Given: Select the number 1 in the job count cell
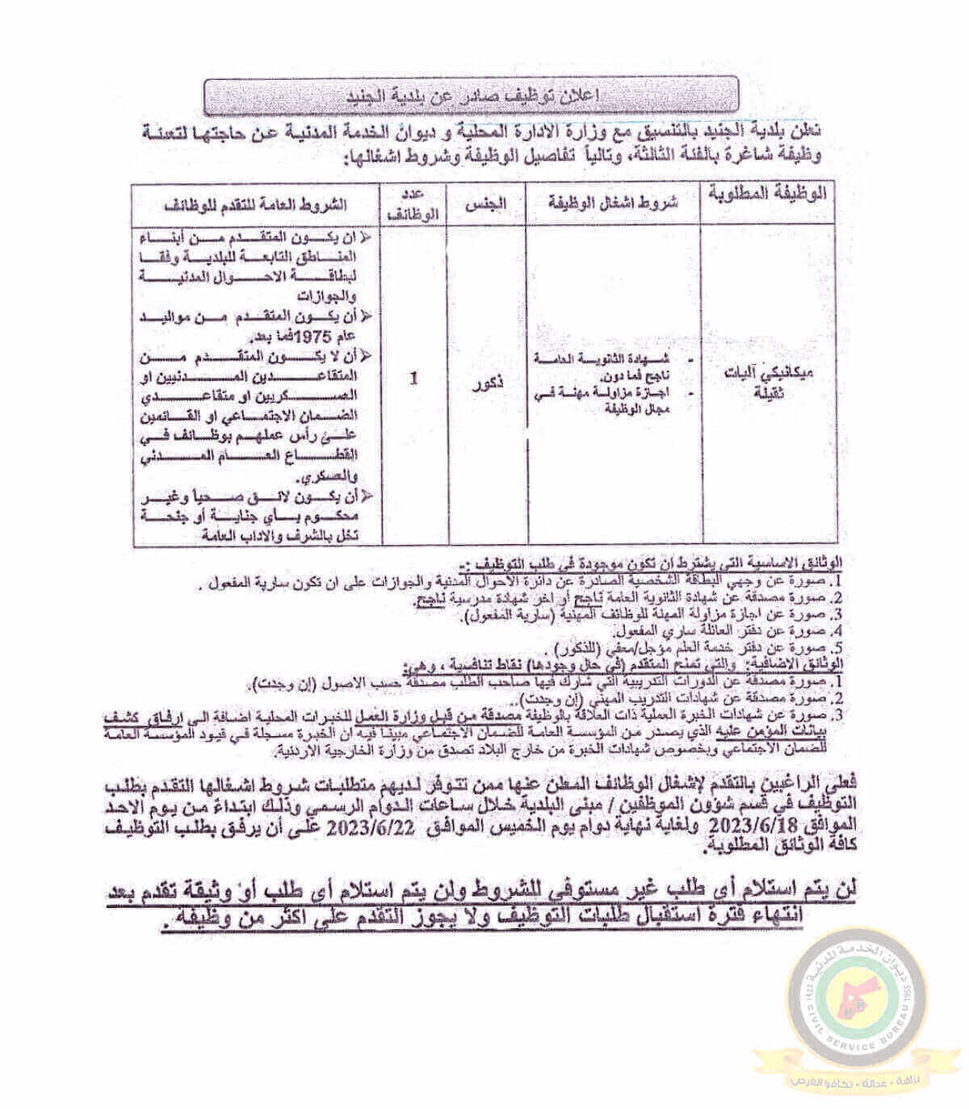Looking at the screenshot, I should point(413,377).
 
